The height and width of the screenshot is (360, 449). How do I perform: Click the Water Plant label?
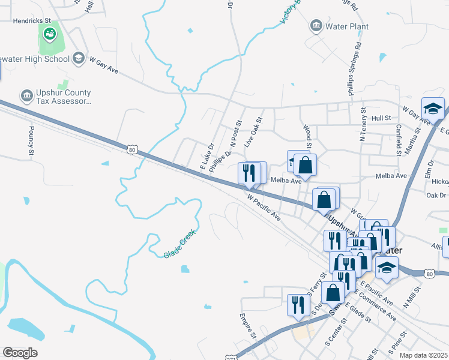[x=347, y=26]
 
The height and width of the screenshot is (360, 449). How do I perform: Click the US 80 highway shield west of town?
[x=132, y=149]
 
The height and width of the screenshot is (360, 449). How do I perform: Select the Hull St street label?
[x=381, y=119]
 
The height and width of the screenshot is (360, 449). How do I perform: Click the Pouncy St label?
[x=31, y=142]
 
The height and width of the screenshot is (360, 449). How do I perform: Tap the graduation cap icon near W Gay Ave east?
[x=433, y=108]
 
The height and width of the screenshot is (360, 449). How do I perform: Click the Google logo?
[x=20, y=353]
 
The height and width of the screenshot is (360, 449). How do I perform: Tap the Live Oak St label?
[x=254, y=133]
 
